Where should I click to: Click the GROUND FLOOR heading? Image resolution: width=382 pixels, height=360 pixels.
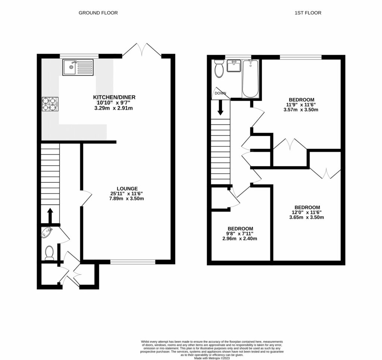[x=98, y=13]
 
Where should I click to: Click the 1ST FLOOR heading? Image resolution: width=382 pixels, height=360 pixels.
[x=308, y=13]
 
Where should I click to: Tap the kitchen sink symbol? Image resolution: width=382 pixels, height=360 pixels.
[x=77, y=68]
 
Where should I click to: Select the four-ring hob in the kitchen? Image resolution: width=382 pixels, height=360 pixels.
[x=50, y=104]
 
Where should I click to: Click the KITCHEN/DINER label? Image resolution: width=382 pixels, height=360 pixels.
[x=114, y=97]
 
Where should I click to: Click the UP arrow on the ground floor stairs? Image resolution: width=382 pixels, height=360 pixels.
[x=50, y=215]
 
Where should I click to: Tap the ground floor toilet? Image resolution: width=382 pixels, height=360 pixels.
[x=48, y=253]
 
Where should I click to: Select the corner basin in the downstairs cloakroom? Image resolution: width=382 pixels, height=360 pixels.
[x=46, y=232]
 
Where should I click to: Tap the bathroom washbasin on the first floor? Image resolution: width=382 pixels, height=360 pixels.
[x=234, y=67]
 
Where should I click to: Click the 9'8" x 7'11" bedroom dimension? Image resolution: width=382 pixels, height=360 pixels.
[x=240, y=234]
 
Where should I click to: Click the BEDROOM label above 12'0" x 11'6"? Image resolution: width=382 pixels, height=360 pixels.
[x=307, y=207]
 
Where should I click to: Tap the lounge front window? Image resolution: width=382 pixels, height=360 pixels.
[x=133, y=261]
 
